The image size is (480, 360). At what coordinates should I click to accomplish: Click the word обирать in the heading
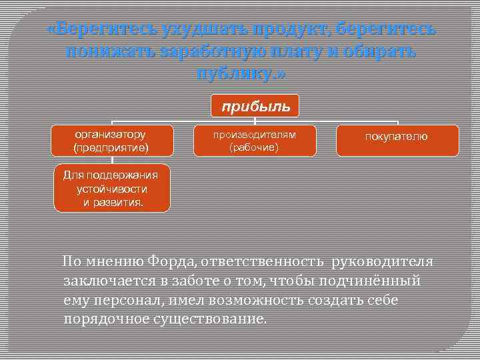(x=381, y=52)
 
